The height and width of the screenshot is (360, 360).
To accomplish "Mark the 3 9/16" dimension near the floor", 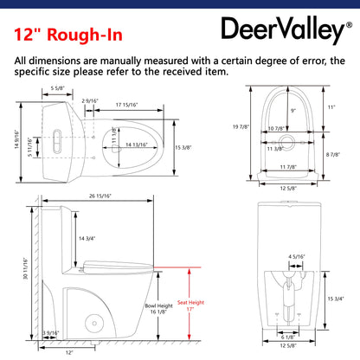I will click(x=50, y=331).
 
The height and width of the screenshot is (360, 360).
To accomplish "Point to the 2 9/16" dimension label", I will click(x=90, y=102).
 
